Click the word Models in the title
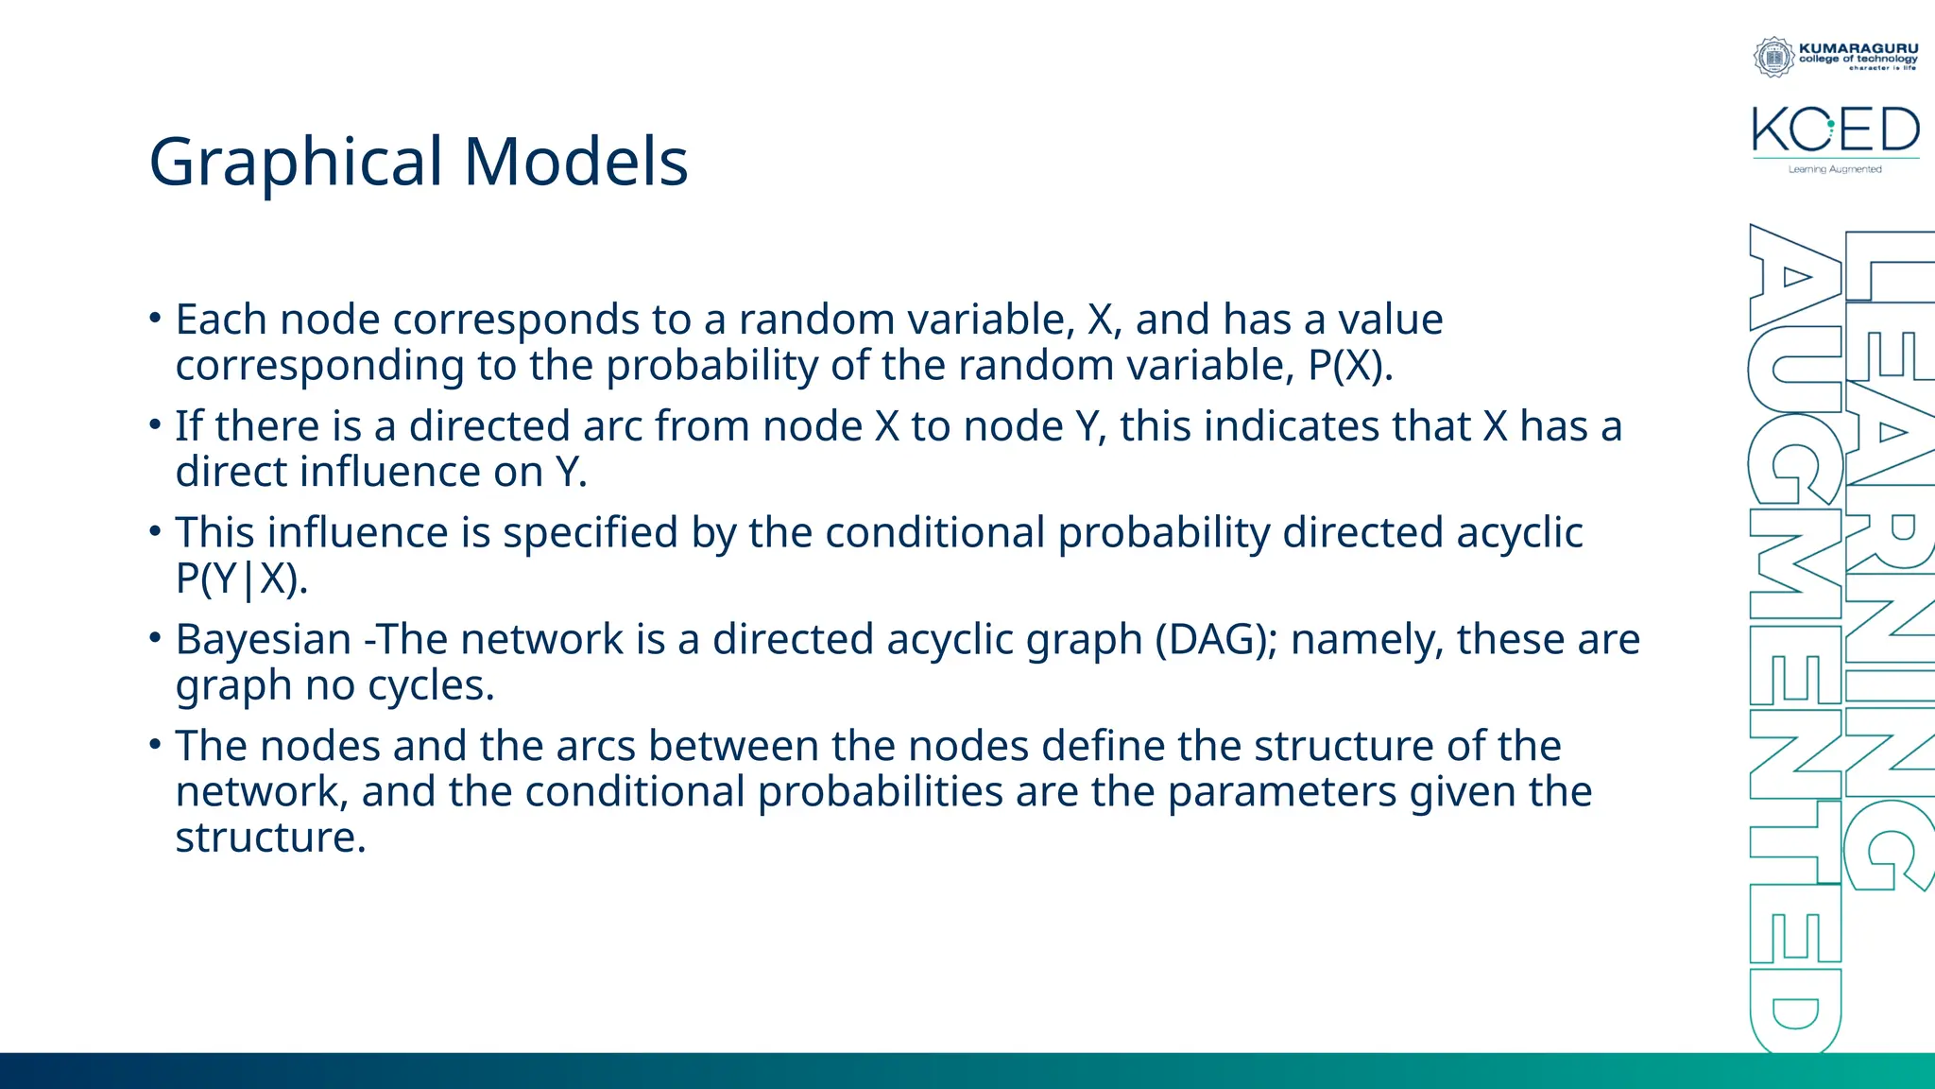[x=575, y=161]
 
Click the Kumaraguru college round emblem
[x=1773, y=57]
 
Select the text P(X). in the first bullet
[x=1350, y=366]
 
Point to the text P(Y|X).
[x=242, y=579]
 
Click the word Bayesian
[x=264, y=640]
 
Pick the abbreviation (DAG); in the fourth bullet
[x=1216, y=640]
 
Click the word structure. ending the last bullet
[x=270, y=838]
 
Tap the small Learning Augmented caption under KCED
[x=1835, y=169]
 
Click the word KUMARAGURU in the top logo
[x=1858, y=48]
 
